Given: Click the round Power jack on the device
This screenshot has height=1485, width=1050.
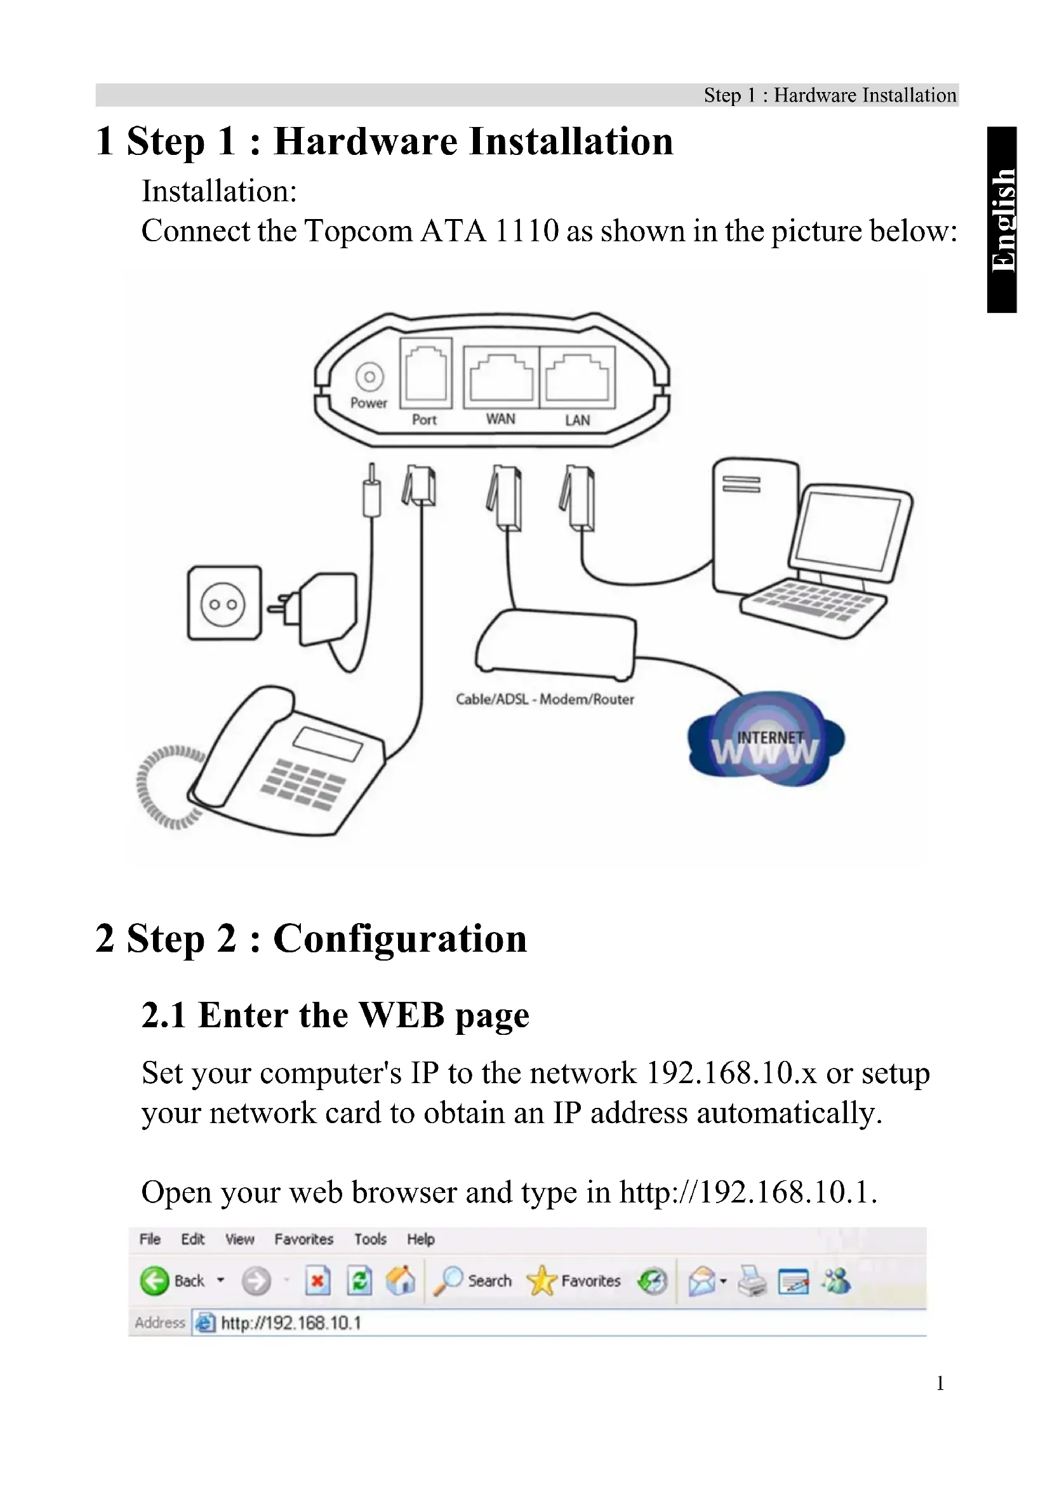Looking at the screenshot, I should click(369, 376).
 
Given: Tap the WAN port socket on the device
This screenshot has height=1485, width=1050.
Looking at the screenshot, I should click(501, 378).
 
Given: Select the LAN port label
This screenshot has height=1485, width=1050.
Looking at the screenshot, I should click(577, 420).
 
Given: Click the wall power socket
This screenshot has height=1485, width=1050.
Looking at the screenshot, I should click(223, 603).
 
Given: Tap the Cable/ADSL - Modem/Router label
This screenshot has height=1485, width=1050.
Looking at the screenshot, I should click(545, 699).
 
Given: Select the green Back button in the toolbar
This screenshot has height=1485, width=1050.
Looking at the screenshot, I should click(154, 1281).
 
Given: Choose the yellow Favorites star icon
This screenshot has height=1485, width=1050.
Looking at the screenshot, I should click(541, 1281).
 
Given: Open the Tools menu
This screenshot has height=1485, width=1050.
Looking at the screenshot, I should click(371, 1239).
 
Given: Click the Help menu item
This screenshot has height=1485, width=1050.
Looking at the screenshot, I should click(420, 1239).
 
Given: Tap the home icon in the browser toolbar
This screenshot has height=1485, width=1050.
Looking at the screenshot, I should click(401, 1281).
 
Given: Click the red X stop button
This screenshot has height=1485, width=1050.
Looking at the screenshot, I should click(317, 1281).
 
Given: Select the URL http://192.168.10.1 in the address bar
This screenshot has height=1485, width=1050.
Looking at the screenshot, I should click(291, 1323).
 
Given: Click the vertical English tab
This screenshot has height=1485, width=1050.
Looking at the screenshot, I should click(1003, 220).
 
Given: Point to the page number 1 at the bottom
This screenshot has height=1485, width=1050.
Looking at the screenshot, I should click(940, 1383).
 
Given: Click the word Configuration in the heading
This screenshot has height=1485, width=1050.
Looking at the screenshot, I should click(400, 938).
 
